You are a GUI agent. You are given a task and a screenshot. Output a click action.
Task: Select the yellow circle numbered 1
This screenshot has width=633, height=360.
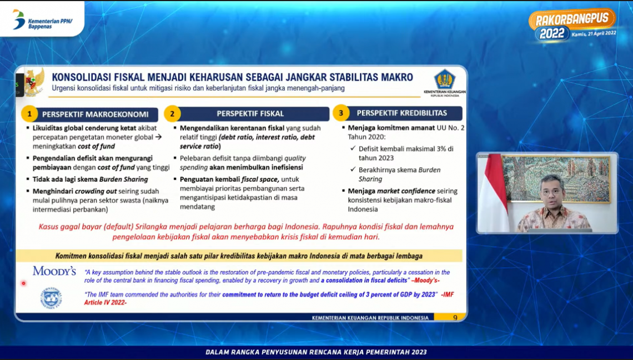point(29,114)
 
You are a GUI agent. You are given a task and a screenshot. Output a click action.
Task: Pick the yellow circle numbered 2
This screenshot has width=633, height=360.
point(172,114)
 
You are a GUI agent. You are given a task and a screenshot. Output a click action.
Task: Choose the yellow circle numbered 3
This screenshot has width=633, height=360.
point(340,113)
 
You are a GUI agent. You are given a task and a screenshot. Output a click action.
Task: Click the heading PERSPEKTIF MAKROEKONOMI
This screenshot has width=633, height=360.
point(95,114)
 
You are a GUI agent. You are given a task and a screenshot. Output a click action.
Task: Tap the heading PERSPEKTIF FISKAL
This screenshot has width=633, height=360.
point(250,113)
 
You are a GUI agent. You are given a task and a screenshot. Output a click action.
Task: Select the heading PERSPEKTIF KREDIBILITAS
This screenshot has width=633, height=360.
point(401,113)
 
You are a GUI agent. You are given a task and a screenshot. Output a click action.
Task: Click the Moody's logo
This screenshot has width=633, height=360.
point(54,271)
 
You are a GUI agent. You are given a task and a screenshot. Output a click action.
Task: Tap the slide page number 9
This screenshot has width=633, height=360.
point(455,318)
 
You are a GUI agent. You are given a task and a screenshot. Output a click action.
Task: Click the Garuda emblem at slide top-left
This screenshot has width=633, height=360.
point(34,82)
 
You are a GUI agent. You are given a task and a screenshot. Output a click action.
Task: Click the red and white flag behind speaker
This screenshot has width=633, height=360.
point(493,192)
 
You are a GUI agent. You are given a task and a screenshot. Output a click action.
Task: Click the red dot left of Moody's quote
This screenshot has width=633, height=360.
point(23,283)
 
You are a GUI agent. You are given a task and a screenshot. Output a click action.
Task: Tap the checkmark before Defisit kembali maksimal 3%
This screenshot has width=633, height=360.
point(353,148)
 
